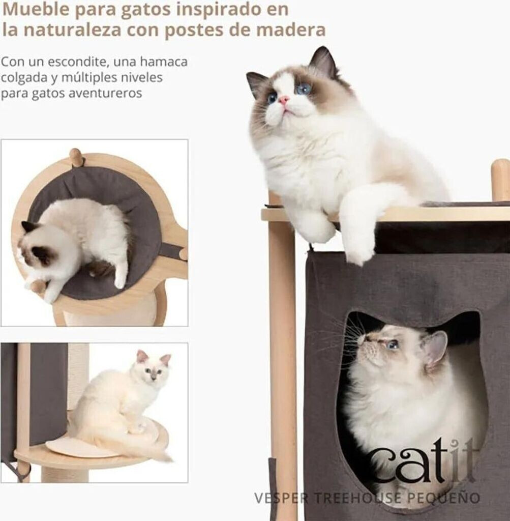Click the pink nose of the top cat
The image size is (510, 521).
pyautogui.click(x=283, y=99)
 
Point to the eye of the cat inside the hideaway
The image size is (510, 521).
pyautogui.click(x=393, y=345)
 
